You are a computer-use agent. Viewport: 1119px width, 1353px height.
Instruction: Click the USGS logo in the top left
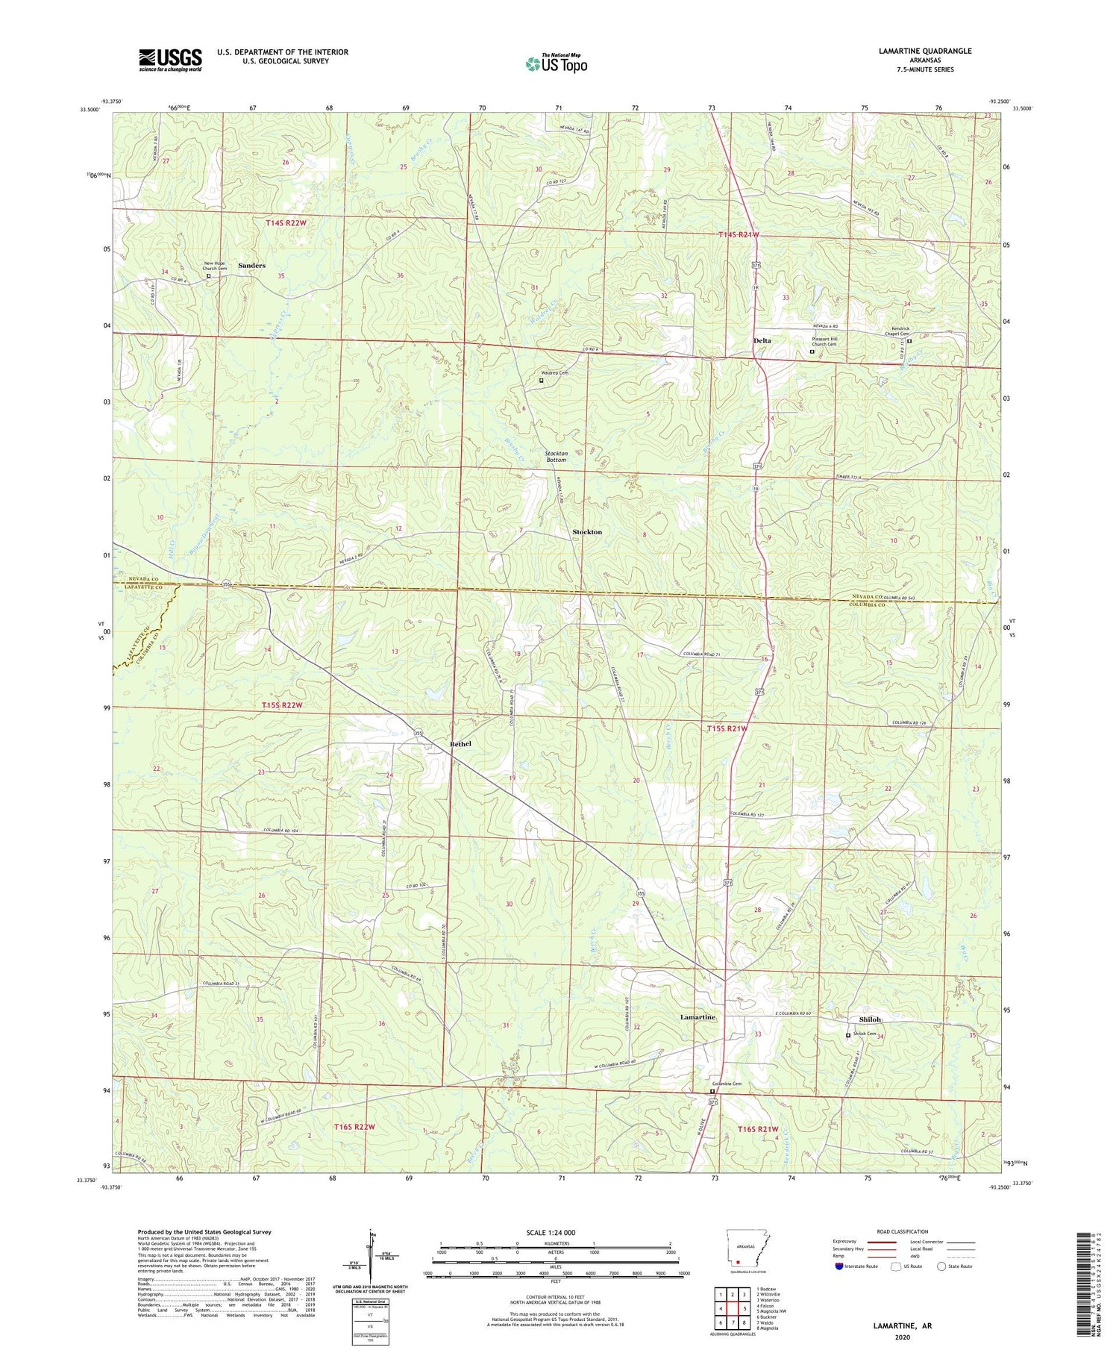point(170,60)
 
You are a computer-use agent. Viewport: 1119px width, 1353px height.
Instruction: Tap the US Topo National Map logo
point(556,63)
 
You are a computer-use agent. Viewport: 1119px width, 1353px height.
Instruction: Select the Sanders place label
point(251,266)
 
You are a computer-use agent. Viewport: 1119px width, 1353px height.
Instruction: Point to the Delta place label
point(762,340)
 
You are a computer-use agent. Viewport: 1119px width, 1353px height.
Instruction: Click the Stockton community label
point(586,531)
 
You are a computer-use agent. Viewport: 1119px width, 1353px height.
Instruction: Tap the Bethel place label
point(460,744)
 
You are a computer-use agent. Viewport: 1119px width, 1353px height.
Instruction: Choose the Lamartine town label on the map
point(698,1017)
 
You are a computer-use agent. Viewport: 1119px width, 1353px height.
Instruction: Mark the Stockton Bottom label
point(556,457)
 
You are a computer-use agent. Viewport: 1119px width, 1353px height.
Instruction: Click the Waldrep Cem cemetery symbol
point(542,381)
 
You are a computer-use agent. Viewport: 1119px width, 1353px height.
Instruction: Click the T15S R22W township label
point(282,704)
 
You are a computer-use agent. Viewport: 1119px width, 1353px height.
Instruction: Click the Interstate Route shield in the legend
point(839,1266)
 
